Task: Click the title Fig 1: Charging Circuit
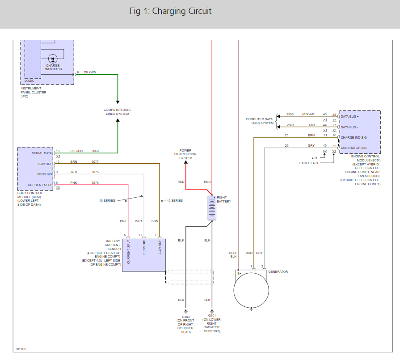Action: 170,11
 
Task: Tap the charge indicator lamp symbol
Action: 53,59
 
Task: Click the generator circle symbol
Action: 251,290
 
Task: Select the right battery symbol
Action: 212,208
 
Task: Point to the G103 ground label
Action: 185,317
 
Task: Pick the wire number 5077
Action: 95,161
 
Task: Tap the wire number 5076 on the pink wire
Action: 95,182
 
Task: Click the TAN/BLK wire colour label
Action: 308,114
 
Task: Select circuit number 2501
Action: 290,125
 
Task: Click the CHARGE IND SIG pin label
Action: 354,137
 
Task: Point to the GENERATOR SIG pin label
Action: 354,148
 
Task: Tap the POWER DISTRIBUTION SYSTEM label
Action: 185,154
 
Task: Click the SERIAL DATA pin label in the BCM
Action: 42,153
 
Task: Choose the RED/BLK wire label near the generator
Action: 233,254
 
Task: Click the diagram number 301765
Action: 21,348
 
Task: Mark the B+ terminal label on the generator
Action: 239,273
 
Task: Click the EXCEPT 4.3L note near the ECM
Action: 310,163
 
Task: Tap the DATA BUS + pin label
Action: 350,116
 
